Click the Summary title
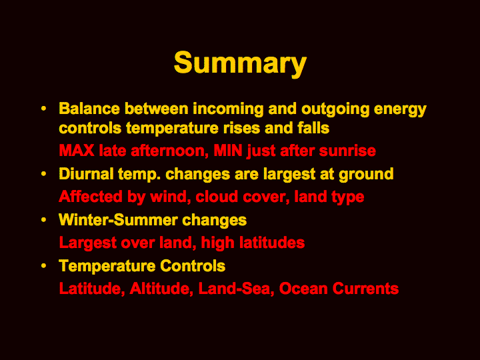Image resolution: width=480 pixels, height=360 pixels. [x=240, y=63]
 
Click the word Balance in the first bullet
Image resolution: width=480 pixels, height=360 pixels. [x=89, y=109]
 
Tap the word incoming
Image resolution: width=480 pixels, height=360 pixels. [x=228, y=109]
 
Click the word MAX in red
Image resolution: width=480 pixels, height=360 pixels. [x=77, y=151]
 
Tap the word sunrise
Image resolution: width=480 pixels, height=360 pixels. [x=347, y=151]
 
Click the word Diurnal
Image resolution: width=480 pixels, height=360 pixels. [x=86, y=174]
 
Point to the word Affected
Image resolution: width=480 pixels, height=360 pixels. [x=91, y=197]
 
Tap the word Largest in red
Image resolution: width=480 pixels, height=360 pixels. [x=87, y=243]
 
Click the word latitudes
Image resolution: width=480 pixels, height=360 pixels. [x=272, y=243]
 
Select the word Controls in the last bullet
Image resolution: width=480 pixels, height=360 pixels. [x=193, y=266]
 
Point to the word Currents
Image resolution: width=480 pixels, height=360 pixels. [x=365, y=289]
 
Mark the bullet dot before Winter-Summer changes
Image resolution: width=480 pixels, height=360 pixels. [x=44, y=220]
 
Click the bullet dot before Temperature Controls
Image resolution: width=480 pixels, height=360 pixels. [x=44, y=266]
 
